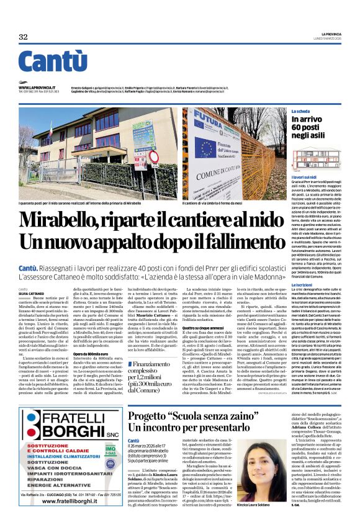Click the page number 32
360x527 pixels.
coord(24,37)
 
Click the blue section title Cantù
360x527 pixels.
coord(52,63)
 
